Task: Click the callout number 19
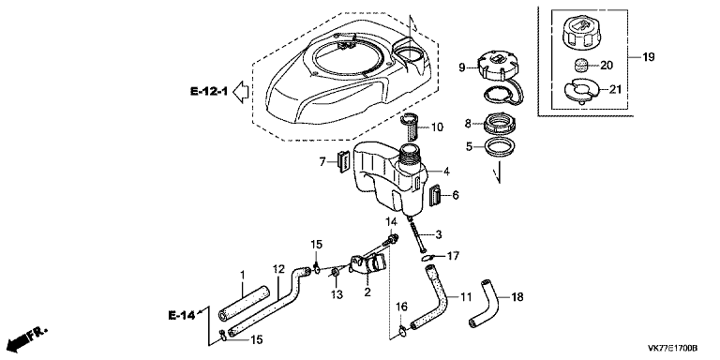649,57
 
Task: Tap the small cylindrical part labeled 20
581,66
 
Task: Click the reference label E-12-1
209,91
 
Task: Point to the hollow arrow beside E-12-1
241,91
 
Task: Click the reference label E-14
180,315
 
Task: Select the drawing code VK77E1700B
673,348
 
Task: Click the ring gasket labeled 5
499,147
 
